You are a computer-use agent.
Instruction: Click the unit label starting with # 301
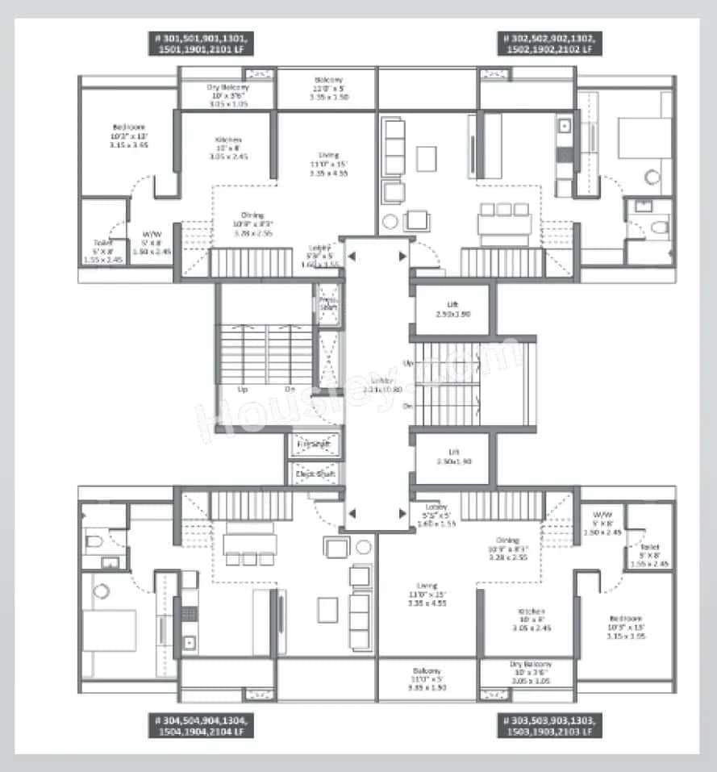[x=201, y=44]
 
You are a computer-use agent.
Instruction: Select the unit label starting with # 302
[x=552, y=44]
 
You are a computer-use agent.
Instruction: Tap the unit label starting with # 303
[x=548, y=724]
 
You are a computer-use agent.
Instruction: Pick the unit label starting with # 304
[x=201, y=724]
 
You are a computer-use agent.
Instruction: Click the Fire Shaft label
[x=315, y=444]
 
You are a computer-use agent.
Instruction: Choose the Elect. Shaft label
[x=315, y=474]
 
